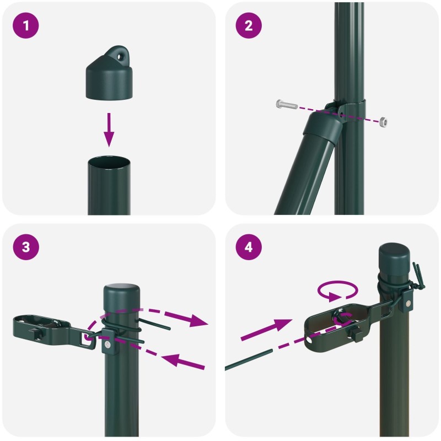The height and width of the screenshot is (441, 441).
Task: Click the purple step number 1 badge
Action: click(25, 25)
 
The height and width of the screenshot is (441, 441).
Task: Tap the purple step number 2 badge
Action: click(249, 25)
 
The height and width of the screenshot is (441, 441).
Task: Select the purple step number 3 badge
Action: click(25, 247)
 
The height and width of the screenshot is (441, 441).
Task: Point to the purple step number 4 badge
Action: click(249, 247)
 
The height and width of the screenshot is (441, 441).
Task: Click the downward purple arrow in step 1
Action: click(109, 130)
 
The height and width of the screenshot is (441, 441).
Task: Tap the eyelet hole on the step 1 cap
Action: click(121, 57)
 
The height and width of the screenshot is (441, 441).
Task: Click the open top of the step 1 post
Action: click(109, 163)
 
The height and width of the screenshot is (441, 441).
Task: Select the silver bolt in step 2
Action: click(287, 104)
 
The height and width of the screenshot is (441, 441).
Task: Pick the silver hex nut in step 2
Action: click(383, 122)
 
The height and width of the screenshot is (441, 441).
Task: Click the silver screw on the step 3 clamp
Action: click(107, 345)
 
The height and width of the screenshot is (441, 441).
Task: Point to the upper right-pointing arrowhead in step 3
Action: click(198, 320)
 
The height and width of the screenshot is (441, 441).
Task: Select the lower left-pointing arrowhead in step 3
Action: click(171, 360)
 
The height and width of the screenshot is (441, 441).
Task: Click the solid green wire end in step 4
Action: click(249, 359)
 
